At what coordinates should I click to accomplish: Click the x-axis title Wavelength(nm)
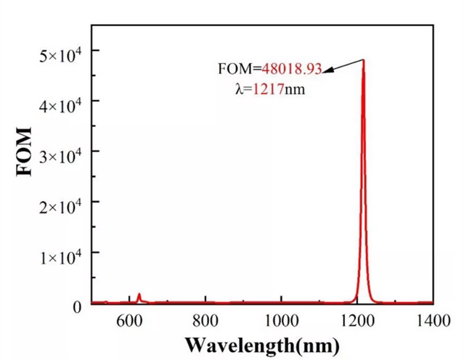[x=262, y=343]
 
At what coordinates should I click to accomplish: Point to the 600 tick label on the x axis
[x=129, y=319]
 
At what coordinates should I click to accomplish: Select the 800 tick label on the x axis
[x=205, y=319]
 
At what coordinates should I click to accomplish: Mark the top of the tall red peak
[x=363, y=60]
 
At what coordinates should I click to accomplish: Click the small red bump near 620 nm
[x=139, y=295]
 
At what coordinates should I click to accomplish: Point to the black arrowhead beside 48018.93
[x=327, y=70]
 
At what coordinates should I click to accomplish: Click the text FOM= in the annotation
[x=238, y=70]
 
